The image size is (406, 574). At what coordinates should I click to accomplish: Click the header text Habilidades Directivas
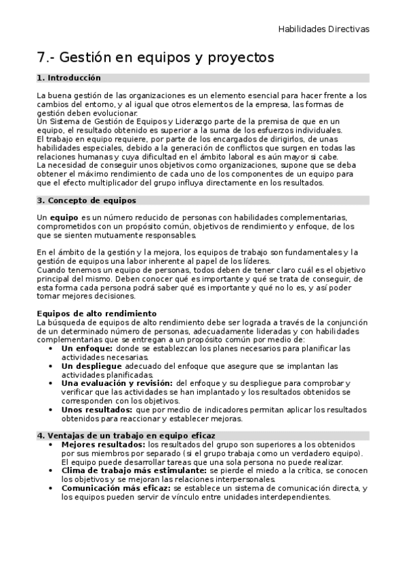[x=324, y=30]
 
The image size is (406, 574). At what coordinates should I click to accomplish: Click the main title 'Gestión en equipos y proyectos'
[x=166, y=58]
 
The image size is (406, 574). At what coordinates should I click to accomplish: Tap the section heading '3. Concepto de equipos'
[x=86, y=200]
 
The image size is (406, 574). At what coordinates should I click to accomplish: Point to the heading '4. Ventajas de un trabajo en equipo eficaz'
[x=126, y=435]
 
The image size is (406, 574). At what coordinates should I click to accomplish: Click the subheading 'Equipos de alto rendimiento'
[x=97, y=313]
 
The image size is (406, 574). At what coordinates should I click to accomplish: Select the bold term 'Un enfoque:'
[x=84, y=349]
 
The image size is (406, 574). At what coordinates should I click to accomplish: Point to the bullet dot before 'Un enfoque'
[x=54, y=349]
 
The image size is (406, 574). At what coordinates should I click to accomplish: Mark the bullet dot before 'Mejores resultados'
[x=54, y=444]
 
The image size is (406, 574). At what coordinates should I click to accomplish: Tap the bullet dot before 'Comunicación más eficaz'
[x=54, y=488]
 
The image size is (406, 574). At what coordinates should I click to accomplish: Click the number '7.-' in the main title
[x=47, y=58]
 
